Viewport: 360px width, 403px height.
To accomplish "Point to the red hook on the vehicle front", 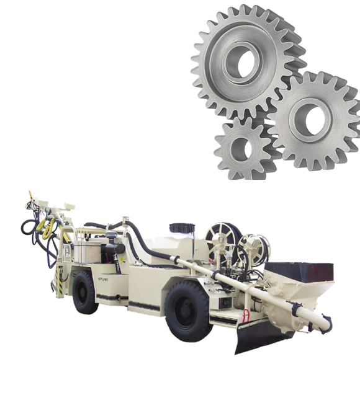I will (x=246, y=316).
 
